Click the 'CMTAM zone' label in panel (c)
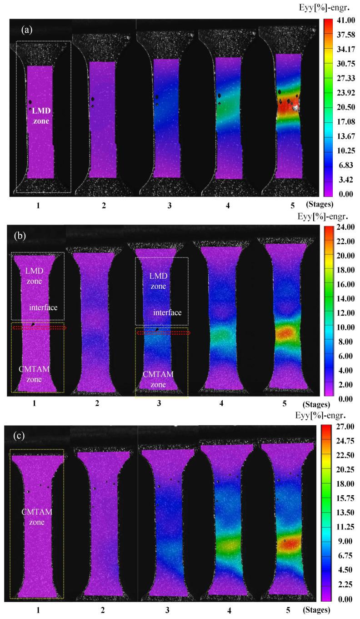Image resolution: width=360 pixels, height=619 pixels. point(37,517)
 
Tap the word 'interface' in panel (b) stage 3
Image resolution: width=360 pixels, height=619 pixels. point(167,312)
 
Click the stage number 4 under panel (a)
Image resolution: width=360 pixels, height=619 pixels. point(227,206)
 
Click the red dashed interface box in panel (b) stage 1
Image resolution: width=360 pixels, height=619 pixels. point(39,327)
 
